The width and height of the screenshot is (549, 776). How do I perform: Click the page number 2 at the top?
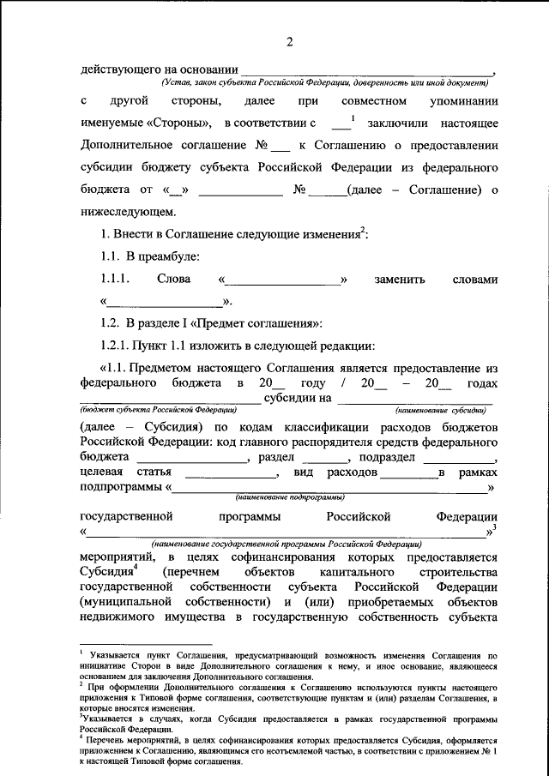click(289, 42)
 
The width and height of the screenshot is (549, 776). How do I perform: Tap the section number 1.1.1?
click(114, 280)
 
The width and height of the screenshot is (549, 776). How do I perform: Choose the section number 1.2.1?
click(114, 346)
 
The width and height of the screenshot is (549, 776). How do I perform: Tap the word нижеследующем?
click(128, 211)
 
